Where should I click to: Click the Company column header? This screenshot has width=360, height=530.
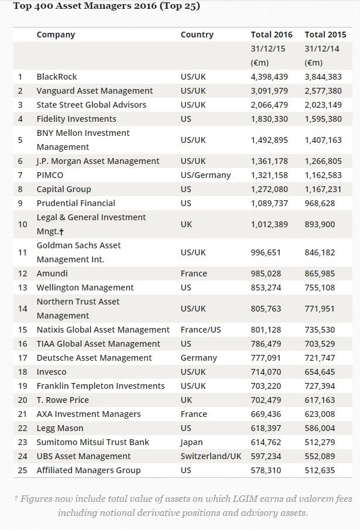coord(56,35)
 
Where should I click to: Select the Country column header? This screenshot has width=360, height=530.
coord(197,35)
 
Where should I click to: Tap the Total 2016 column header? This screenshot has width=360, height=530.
coord(272,35)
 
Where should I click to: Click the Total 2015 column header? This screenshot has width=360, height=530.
coord(325,35)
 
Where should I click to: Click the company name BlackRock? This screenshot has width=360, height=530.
coord(57,77)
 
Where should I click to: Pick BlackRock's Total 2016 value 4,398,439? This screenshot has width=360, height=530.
coord(269,77)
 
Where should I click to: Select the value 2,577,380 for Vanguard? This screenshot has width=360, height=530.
coord(323,91)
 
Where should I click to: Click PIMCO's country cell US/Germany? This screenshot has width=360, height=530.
coord(205,176)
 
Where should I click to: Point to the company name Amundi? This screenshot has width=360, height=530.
coord(52,273)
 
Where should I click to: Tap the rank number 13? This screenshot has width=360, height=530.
coord(22,288)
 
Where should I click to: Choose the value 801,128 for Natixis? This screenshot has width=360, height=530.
coord(266,330)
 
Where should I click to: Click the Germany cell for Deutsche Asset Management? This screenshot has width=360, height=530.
coord(198,358)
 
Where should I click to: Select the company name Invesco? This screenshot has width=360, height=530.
coord(52,372)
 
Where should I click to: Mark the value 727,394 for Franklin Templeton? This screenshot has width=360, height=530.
coord(320,387)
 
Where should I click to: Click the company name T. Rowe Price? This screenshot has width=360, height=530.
coord(63,400)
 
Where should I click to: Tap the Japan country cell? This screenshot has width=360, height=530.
coord(191,443)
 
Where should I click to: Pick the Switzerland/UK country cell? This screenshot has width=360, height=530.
coord(211,456)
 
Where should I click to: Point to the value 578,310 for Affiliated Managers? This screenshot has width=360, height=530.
coord(266,470)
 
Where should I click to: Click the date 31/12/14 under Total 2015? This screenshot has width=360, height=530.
coord(322,49)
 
